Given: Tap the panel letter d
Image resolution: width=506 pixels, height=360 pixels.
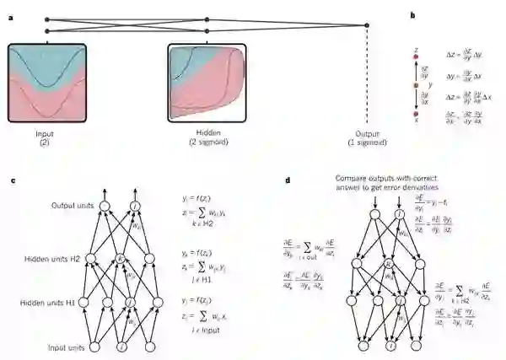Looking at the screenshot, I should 289,180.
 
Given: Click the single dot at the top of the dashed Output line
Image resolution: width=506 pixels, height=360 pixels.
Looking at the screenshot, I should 367,26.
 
